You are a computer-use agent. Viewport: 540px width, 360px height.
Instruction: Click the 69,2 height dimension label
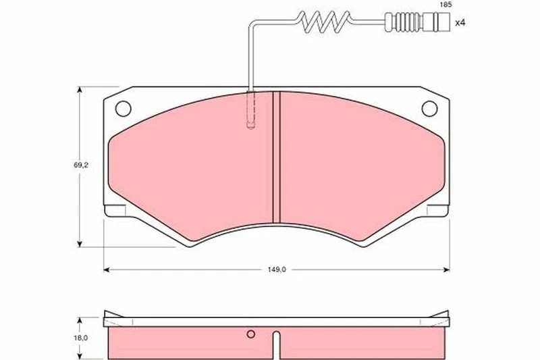click(80, 165)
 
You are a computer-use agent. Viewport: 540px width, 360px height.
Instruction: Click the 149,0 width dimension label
click(277, 269)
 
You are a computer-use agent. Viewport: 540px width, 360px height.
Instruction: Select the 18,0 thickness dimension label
click(80, 338)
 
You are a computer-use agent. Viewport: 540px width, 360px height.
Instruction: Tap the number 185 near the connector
click(446, 5)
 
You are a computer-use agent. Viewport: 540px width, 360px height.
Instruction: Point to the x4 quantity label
click(460, 23)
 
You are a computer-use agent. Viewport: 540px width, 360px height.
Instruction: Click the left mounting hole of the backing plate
click(123, 109)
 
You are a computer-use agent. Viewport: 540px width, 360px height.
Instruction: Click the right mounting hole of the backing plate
click(429, 109)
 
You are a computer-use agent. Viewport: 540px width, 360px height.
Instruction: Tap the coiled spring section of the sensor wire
click(325, 22)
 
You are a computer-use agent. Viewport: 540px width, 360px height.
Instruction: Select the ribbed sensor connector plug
click(417, 22)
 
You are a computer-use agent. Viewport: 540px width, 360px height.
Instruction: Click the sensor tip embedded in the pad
click(250, 110)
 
